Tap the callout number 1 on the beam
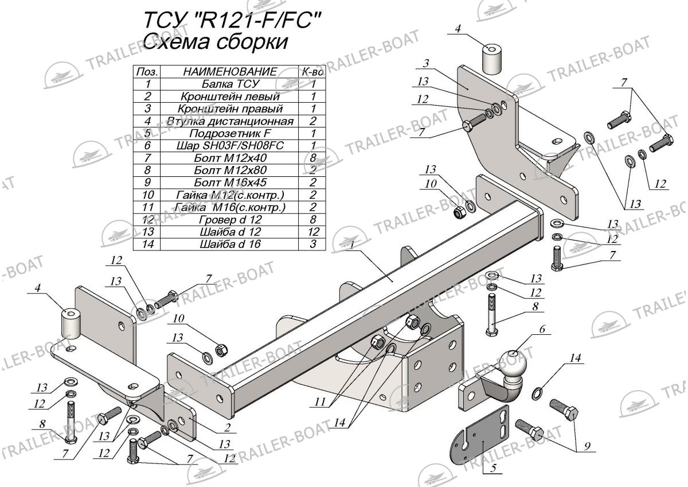pos(350,245)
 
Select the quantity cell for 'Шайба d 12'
pos(314,231)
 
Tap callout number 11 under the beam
pos(319,404)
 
